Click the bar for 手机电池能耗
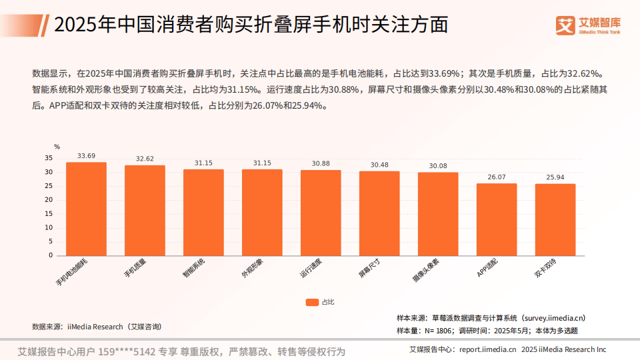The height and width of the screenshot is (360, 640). (x=86, y=209)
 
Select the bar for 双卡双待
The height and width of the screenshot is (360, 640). (x=555, y=219)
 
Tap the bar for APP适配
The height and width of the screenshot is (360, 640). (x=497, y=219)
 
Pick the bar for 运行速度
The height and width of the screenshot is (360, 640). (x=321, y=213)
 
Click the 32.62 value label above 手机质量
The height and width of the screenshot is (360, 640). (x=145, y=159)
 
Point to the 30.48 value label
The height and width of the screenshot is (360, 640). (x=379, y=165)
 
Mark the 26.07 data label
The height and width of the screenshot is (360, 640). (x=497, y=177)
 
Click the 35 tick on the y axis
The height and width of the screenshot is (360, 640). (x=49, y=158)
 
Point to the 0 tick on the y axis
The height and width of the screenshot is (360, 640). (x=50, y=255)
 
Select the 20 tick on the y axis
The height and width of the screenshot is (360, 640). (x=49, y=200)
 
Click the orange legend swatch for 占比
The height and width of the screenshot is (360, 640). (x=312, y=302)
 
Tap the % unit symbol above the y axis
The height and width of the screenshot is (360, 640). (x=57, y=147)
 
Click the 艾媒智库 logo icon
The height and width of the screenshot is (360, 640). (x=565, y=25)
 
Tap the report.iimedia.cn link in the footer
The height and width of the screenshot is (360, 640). (x=487, y=349)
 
